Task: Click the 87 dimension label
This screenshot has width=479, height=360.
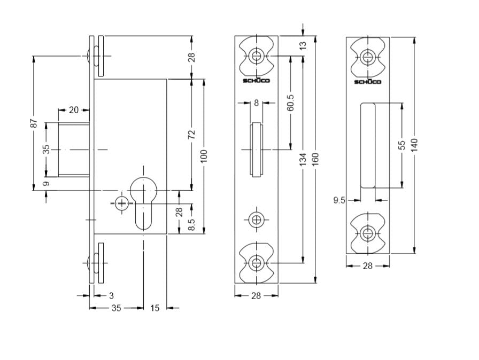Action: coord(34,123)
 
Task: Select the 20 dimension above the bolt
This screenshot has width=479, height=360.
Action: coord(74,110)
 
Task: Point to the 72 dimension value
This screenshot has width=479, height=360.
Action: coord(191,134)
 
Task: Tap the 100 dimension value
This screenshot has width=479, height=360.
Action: coord(204,156)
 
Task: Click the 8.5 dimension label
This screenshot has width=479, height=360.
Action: coord(191,224)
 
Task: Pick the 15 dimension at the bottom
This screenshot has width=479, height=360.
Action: coord(155,308)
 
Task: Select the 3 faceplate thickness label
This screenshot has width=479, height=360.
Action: coord(111,295)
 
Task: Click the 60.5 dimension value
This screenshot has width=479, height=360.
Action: coord(290,102)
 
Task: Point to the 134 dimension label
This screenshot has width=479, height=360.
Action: coord(303,159)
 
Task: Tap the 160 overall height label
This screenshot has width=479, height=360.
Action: coord(315,159)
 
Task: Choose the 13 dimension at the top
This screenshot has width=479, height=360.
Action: coord(303,46)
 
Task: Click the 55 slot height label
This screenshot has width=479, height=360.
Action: coord(402,145)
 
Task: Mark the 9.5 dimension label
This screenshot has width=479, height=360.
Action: coord(339,200)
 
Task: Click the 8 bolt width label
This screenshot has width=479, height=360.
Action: coord(256,103)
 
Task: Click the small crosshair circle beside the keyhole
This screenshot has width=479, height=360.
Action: coord(121,203)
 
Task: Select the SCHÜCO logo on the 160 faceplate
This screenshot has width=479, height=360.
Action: coord(256,80)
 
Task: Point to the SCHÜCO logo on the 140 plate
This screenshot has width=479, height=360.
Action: coord(368,82)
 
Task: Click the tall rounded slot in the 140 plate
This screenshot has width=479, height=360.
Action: coord(368,145)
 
